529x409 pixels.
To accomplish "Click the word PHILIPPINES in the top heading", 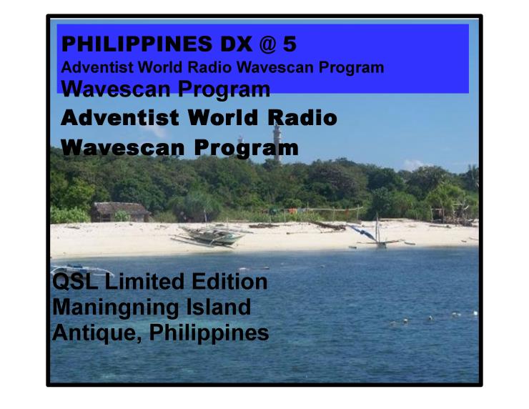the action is [x=137, y=44].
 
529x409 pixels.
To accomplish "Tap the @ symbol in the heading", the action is [x=268, y=44].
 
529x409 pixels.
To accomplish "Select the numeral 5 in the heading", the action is [x=290, y=44].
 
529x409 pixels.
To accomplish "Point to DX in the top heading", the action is [x=236, y=44].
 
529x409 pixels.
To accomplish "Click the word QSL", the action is [x=75, y=282].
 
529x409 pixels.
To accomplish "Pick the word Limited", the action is [x=144, y=282].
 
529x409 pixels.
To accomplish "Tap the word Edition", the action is [x=229, y=282].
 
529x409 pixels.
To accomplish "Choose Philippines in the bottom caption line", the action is [x=209, y=334].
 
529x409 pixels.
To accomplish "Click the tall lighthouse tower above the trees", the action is [x=277, y=142].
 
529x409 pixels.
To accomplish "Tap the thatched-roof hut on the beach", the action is [x=120, y=212].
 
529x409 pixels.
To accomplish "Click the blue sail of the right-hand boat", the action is [x=362, y=232].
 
